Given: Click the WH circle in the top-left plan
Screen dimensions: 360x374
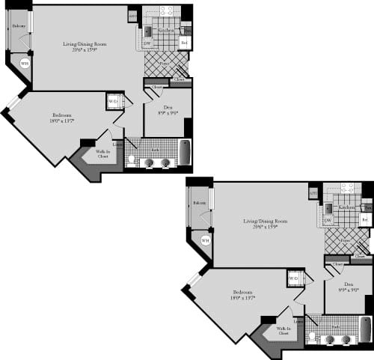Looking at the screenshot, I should click(24, 64).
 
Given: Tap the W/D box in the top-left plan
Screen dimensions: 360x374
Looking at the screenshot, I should click(114, 100).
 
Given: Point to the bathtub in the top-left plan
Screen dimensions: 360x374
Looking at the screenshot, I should click(185, 153).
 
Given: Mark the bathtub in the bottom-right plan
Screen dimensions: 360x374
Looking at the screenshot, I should click(365, 329).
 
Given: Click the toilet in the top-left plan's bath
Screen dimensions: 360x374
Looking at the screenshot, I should click(131, 160).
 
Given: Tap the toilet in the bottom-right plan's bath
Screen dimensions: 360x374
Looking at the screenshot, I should click(312, 337).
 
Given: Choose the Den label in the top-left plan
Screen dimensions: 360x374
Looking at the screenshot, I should click(168, 108).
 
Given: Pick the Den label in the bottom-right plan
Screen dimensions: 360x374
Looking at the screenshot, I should click(349, 285).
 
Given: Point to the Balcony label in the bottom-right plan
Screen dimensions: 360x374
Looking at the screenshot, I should click(200, 203).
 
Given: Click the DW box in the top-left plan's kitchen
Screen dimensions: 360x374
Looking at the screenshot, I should click(147, 43).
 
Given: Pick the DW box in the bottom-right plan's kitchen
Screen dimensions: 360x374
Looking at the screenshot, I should click(328, 221).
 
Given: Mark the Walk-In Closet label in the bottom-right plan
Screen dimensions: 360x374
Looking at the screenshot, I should click(283, 331).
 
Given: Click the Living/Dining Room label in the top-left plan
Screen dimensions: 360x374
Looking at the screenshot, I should click(84, 45).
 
